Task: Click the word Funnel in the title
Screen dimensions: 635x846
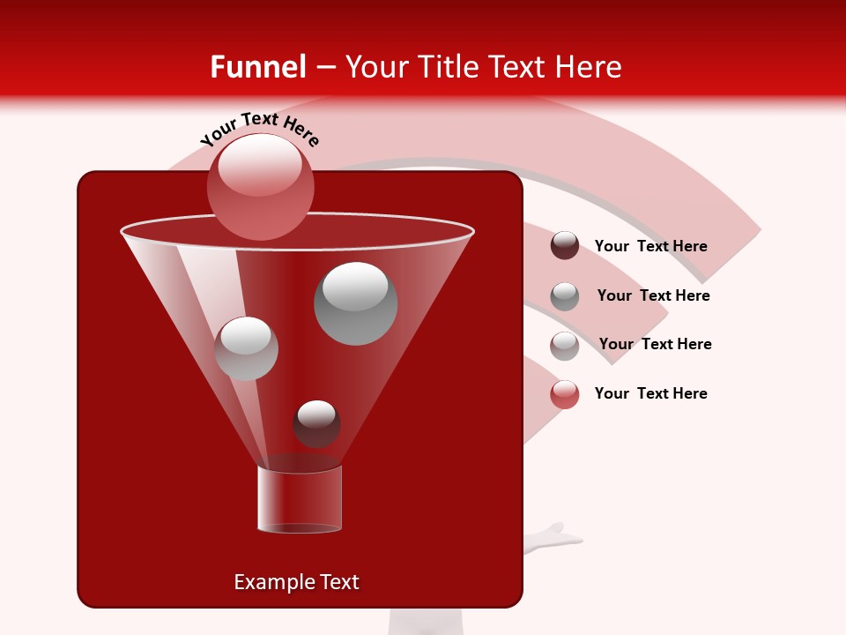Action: (x=257, y=67)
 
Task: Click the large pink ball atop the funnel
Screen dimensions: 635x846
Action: (x=260, y=186)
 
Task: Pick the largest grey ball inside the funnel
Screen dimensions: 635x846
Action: (x=355, y=303)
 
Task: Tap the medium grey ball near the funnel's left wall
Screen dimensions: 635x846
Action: (x=246, y=348)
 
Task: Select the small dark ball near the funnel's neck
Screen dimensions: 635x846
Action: (x=316, y=424)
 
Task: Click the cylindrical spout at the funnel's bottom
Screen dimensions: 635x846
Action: (x=300, y=499)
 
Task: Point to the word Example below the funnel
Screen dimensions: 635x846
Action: (x=271, y=582)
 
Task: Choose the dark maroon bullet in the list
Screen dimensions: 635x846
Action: (x=565, y=246)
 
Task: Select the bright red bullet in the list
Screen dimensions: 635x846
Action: (x=565, y=394)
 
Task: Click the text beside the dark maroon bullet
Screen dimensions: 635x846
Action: (x=650, y=247)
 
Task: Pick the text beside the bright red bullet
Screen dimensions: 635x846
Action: (x=650, y=393)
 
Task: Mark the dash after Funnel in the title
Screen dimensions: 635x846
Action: (x=325, y=67)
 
